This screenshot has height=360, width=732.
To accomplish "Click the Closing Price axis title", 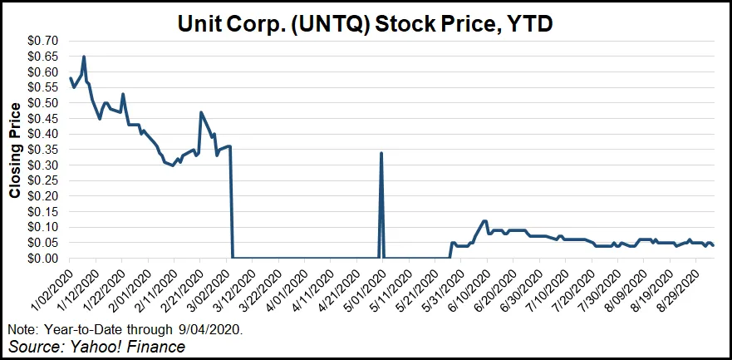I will pyautogui.click(x=14, y=150).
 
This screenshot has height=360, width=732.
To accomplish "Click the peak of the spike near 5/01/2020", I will pyautogui.click(x=381, y=153).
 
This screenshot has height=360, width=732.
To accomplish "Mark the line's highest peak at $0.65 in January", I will pyautogui.click(x=84, y=57).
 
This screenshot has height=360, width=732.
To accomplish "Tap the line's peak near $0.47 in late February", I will pyautogui.click(x=201, y=112).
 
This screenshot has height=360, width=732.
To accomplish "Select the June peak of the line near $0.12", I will pyautogui.click(x=484, y=221).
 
